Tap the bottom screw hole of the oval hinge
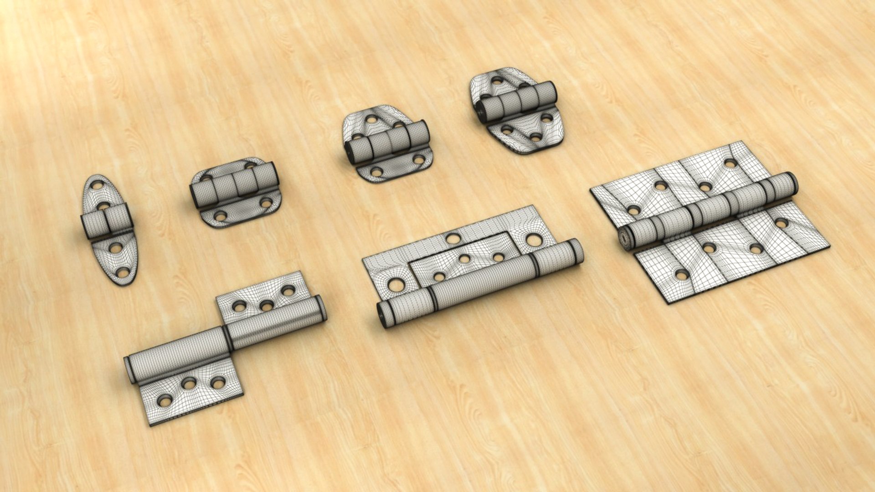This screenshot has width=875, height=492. (122, 272)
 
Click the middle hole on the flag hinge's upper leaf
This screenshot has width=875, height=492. (267, 306)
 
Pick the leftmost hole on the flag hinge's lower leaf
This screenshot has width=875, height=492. (165, 401)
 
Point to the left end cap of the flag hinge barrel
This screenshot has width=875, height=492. (129, 369)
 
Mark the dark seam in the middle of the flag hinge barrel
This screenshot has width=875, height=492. (226, 338)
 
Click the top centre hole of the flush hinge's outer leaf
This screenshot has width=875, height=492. (453, 238)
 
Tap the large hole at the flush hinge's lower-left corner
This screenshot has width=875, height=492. (396, 285)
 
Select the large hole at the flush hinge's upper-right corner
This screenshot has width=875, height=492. (534, 240)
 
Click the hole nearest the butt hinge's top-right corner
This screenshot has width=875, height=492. (730, 163)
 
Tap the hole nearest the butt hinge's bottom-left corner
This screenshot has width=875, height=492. (681, 275)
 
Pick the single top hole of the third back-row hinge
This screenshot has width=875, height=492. (371, 120)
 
